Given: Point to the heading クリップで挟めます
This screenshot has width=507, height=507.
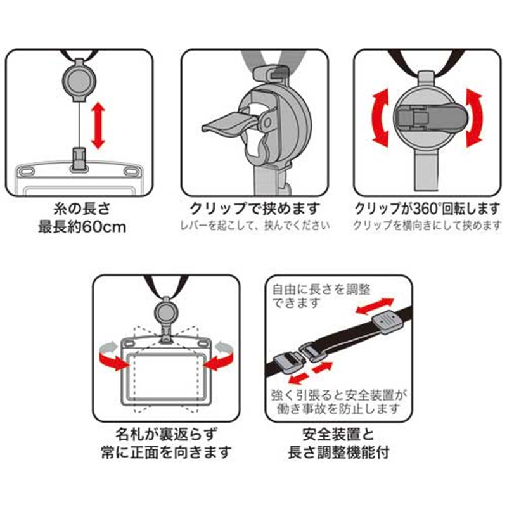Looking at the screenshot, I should [x=255, y=209].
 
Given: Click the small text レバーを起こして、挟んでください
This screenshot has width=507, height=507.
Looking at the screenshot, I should [x=255, y=226].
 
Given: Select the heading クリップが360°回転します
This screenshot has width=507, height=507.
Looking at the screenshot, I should [x=428, y=209].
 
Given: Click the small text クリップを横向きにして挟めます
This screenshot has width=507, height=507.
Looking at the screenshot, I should [x=428, y=226].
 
